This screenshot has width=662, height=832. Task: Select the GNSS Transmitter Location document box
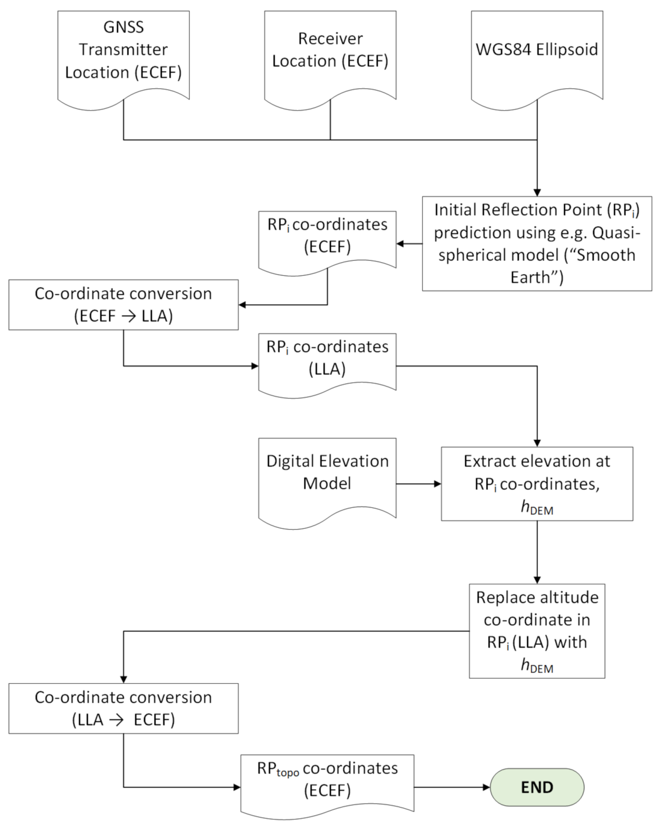click(123, 54)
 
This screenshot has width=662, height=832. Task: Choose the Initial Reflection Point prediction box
click(537, 243)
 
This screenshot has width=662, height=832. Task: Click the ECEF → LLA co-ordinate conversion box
click(123, 304)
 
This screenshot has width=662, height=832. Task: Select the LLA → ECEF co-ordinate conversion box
click(123, 708)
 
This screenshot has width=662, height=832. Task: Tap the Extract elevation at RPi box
click(537, 483)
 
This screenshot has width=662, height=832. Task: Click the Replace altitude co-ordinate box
click(537, 631)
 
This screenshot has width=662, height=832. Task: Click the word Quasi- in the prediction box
click(617, 233)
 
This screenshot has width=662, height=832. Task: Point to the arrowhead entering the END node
click(486, 787)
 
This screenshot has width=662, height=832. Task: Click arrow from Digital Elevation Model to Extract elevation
click(418, 484)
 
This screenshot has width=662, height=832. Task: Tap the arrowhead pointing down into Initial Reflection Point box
click(537, 193)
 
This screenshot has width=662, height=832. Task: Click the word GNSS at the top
click(123, 27)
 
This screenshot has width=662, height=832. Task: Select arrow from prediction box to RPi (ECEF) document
click(409, 244)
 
